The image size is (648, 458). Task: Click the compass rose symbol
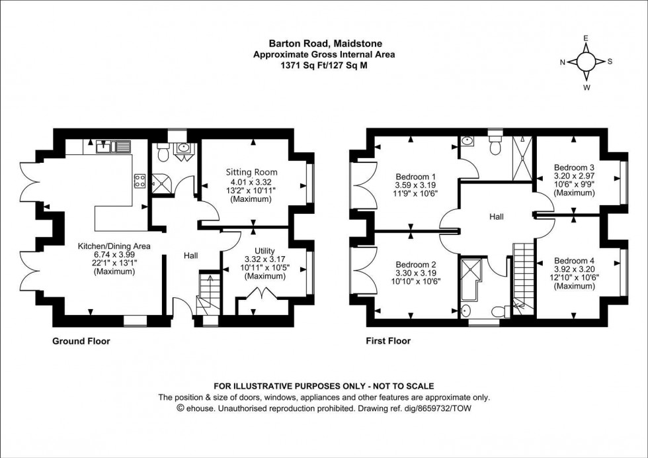pyautogui.click(x=586, y=62)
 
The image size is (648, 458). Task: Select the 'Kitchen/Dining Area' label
pyautogui.click(x=114, y=246)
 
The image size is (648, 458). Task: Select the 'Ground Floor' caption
pyautogui.click(x=81, y=342)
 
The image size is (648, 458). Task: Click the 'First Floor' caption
pyautogui.click(x=388, y=342)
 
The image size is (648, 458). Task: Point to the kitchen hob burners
pyautogui.click(x=140, y=181)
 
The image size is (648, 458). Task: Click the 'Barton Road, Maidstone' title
pyautogui.click(x=324, y=46)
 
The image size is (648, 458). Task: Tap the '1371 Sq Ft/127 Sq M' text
pyautogui.click(x=324, y=66)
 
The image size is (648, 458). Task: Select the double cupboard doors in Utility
pyautogui.click(x=254, y=306)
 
